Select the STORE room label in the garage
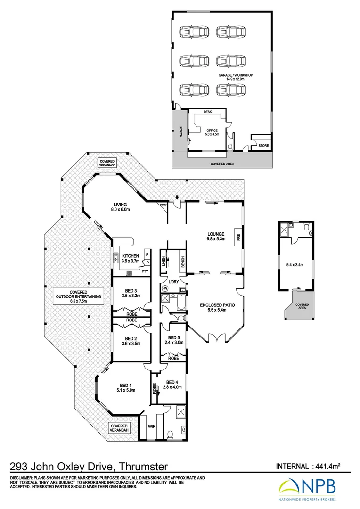263,146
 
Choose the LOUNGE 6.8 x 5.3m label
216,237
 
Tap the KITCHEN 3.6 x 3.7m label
131,258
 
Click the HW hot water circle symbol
165,288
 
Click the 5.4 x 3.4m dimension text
295,264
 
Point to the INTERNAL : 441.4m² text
308,467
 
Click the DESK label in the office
207,112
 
